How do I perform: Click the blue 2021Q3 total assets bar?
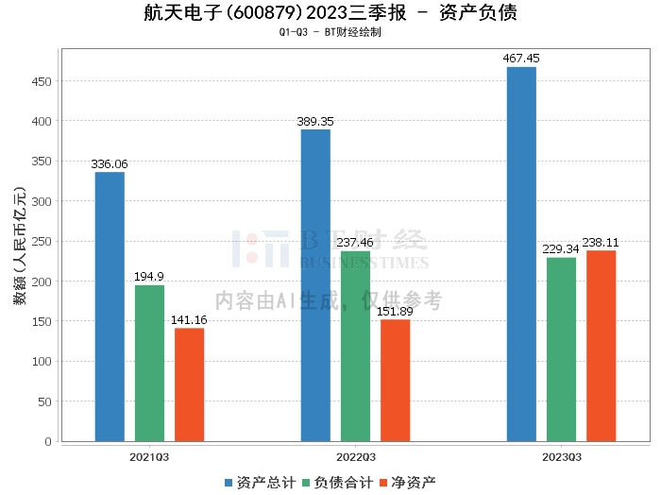tap(110, 306)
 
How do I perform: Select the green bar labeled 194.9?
tap(149, 363)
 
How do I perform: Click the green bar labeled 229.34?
tap(561, 349)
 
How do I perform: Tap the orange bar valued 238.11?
tap(601, 345)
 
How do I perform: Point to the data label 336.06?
tap(110, 164)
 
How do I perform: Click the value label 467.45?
tap(521, 59)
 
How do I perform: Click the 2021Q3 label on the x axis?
tap(149, 456)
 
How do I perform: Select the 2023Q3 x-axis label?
tap(561, 456)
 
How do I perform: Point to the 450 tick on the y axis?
tap(42, 81)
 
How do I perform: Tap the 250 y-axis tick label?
tap(42, 241)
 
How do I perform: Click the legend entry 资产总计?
tap(258, 482)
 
